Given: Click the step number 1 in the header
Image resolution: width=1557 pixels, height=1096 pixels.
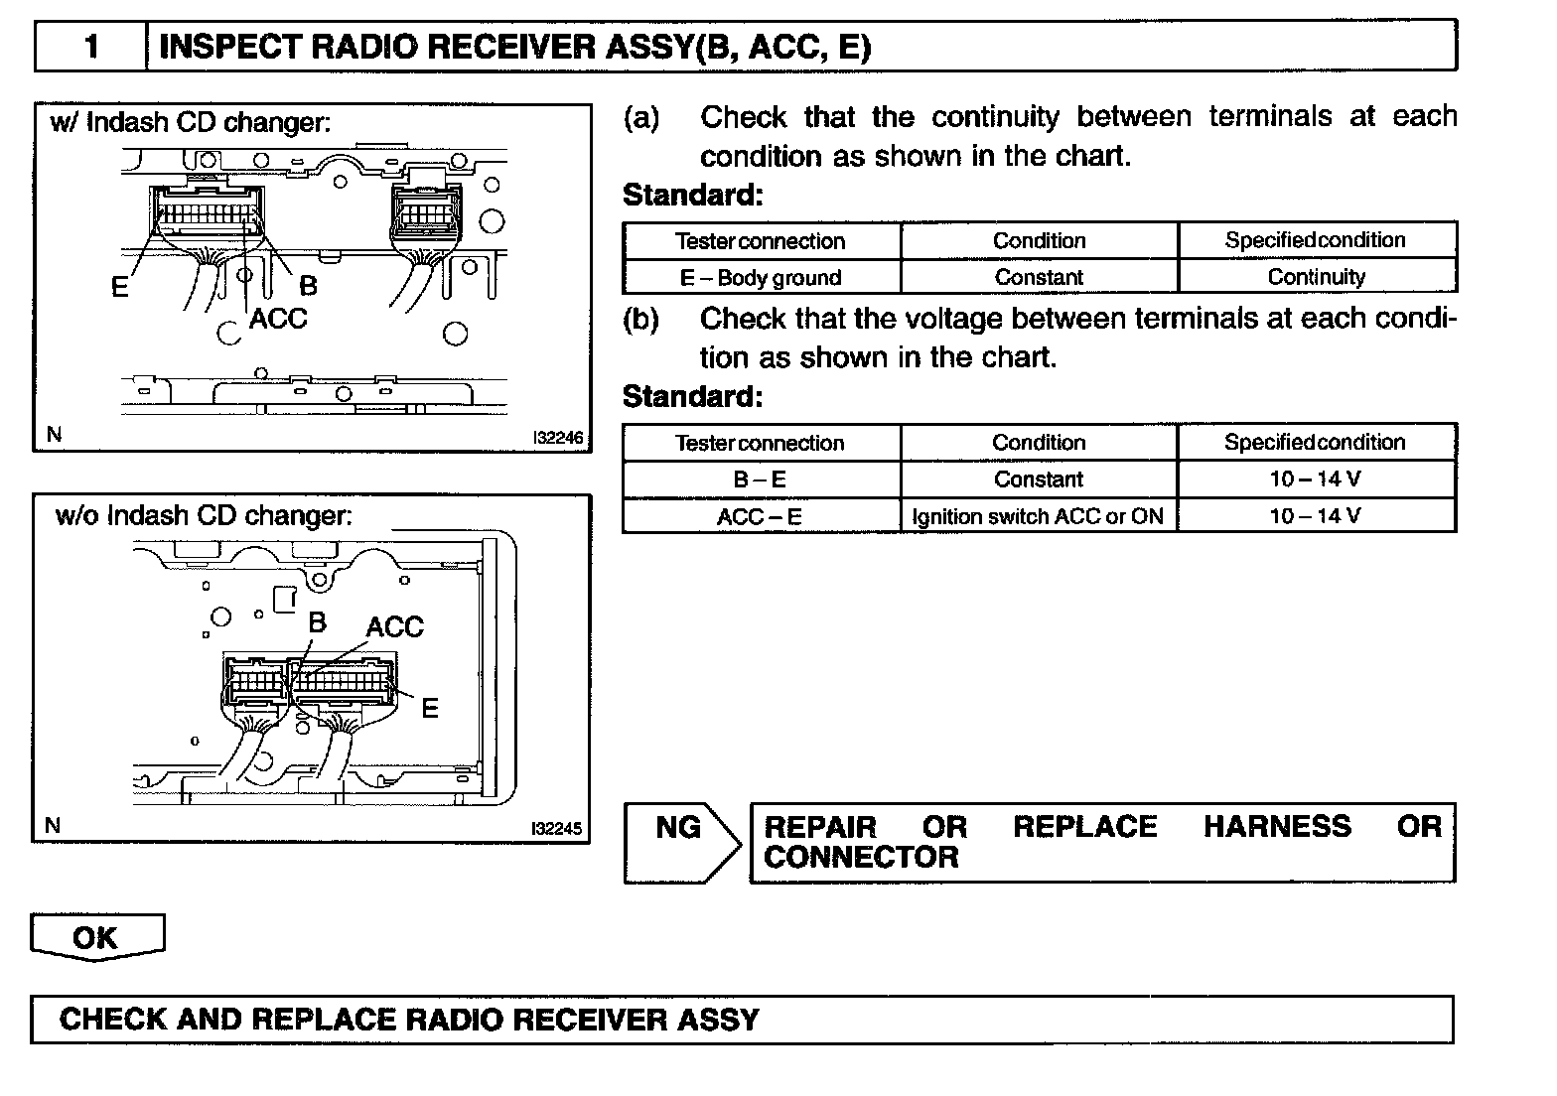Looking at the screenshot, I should pyautogui.click(x=91, y=47).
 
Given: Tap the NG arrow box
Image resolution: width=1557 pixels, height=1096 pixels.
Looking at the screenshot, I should pyautogui.click(x=681, y=842).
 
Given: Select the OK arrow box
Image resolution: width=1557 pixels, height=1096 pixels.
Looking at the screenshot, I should pyautogui.click(x=96, y=937).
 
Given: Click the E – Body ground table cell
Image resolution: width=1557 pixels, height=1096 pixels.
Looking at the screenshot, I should pyautogui.click(x=761, y=277).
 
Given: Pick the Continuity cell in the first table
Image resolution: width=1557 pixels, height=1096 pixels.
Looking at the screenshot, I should pyautogui.click(x=1316, y=277).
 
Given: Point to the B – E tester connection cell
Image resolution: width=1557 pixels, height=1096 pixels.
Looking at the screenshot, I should pyautogui.click(x=761, y=479).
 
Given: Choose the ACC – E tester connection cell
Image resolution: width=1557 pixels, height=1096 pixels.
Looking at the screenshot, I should pyautogui.click(x=761, y=516).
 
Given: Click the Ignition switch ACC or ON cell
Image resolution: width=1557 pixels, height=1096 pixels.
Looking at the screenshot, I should pyautogui.click(x=1038, y=516).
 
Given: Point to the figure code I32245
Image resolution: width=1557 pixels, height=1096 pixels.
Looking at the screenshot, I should pyautogui.click(x=556, y=828).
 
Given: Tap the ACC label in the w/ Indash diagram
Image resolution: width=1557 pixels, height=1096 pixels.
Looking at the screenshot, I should pyautogui.click(x=278, y=319).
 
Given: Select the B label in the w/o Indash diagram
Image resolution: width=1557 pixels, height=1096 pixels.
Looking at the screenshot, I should pyautogui.click(x=317, y=622).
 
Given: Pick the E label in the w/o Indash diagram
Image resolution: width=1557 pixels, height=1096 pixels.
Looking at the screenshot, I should pyautogui.click(x=430, y=708).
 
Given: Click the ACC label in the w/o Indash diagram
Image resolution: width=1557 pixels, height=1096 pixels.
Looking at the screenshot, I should pyautogui.click(x=394, y=627).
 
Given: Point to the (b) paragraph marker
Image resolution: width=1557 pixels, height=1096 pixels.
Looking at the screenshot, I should pyautogui.click(x=640, y=320).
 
